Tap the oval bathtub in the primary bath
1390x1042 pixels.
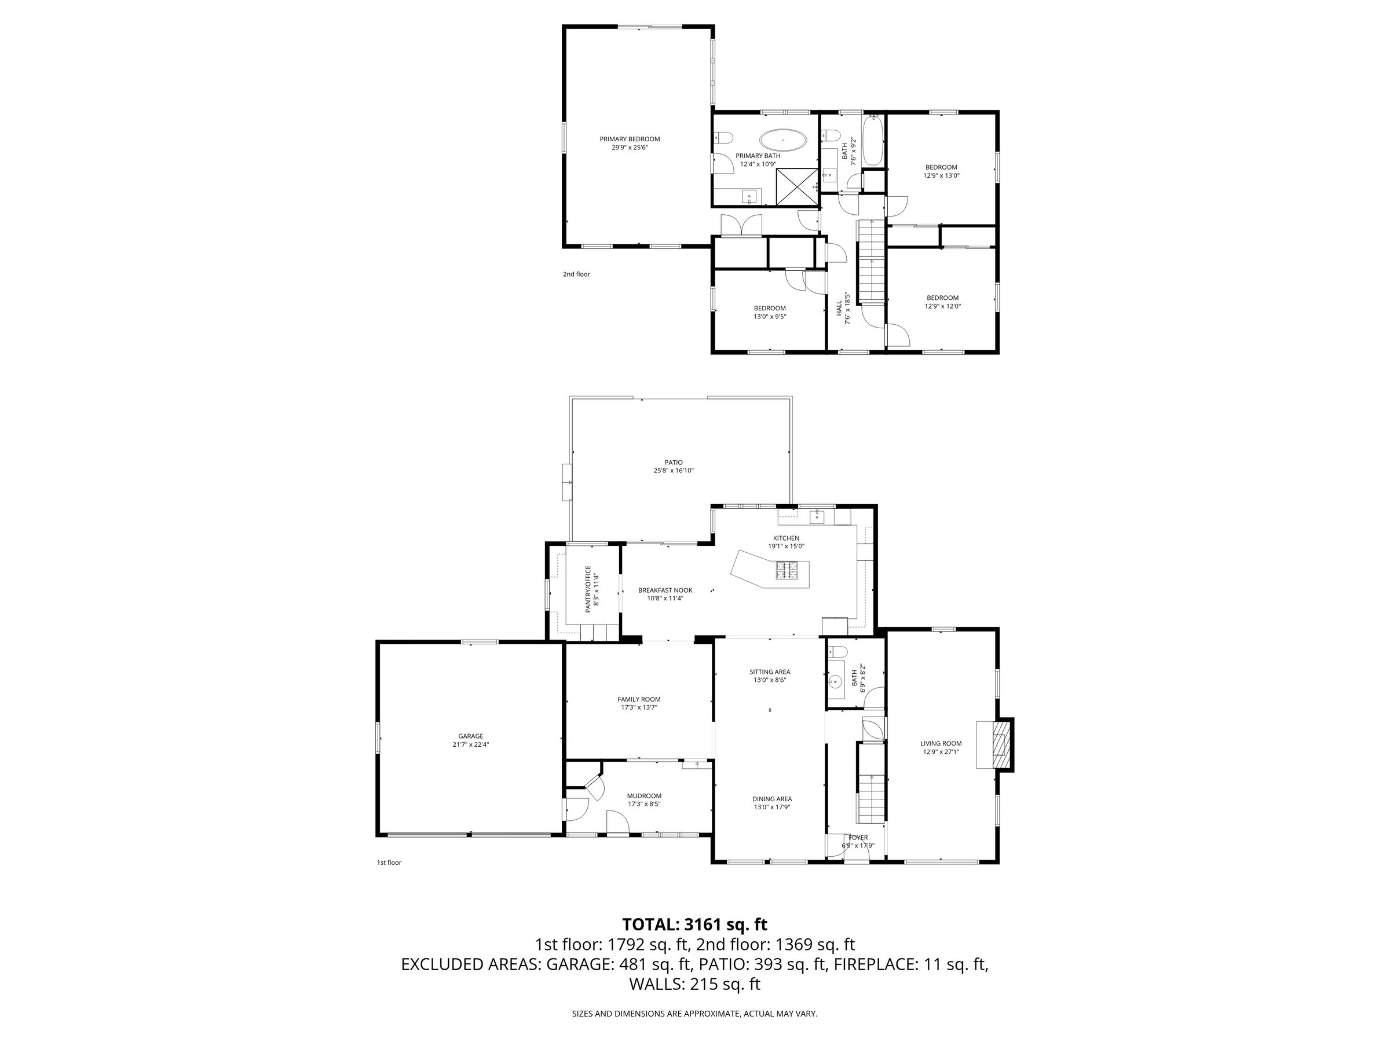783,140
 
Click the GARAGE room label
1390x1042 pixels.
471,736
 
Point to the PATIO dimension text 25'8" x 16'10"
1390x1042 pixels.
674,471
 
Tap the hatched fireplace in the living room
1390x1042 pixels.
998,744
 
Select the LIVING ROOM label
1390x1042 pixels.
941,744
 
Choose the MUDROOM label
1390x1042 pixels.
644,796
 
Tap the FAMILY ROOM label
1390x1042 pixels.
638,699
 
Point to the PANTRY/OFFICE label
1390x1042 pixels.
588,589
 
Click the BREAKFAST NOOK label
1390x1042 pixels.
665,590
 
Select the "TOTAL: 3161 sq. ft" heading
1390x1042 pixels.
694,924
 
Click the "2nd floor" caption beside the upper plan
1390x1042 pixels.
576,274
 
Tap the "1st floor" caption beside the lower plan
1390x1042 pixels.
389,863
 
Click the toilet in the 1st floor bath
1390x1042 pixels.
839,651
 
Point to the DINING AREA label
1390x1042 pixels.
771,799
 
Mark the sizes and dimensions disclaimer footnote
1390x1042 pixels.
694,1014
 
